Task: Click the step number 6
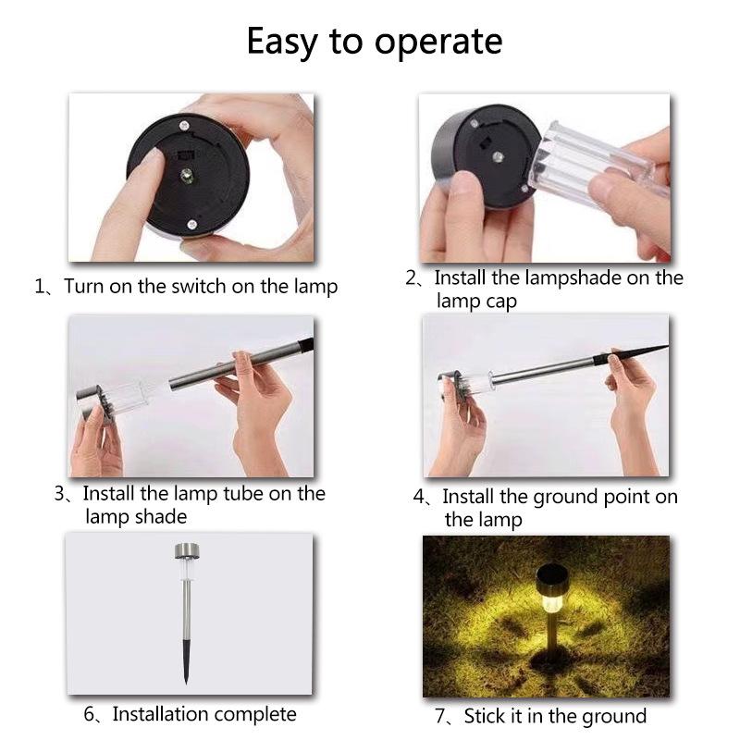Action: pyautogui.click(x=89, y=714)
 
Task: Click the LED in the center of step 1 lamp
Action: pyautogui.click(x=187, y=175)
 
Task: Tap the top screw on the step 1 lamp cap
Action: pyautogui.click(x=183, y=126)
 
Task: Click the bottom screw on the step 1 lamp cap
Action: pyautogui.click(x=191, y=224)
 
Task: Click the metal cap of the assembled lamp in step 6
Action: pyautogui.click(x=187, y=550)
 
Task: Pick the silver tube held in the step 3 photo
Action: pyautogui.click(x=235, y=366)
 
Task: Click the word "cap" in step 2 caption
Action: pyautogui.click(x=500, y=302)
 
